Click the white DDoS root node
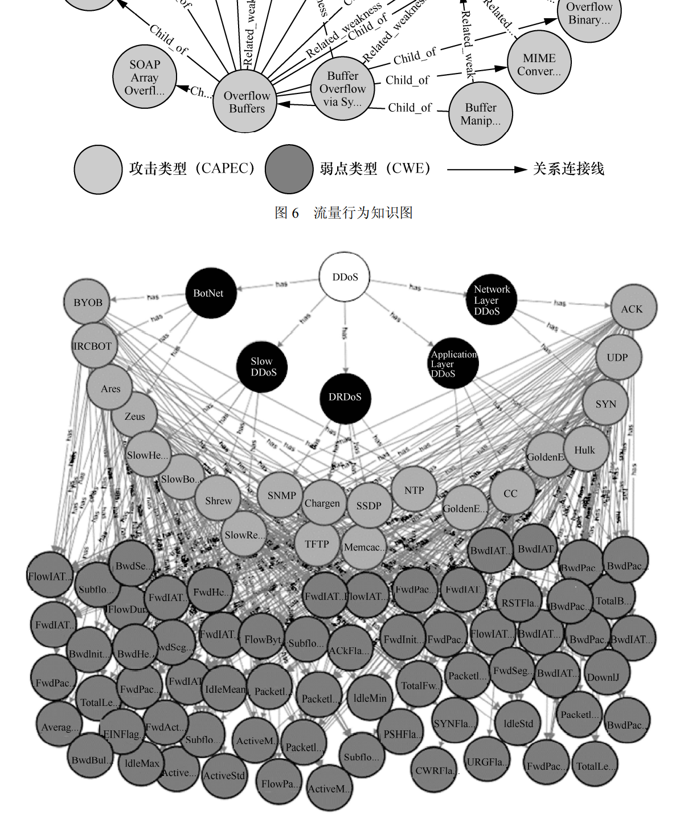[x=345, y=277]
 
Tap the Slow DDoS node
[x=262, y=366]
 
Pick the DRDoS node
[x=345, y=398]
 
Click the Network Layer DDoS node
[x=491, y=300]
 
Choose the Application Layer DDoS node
[x=453, y=363]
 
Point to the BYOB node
[x=88, y=303]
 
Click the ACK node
[x=633, y=308]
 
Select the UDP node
[x=618, y=357]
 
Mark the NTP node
[x=414, y=490]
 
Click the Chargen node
[x=323, y=503]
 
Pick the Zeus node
[x=134, y=416]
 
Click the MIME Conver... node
[x=539, y=63]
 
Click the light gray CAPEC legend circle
[x=98, y=169]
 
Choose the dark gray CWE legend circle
[x=289, y=169]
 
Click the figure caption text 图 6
[x=286, y=213]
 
